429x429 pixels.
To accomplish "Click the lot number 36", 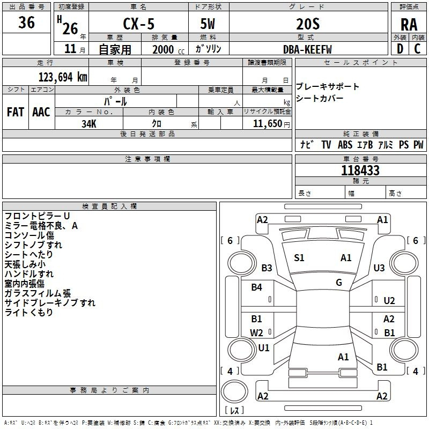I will [26, 23].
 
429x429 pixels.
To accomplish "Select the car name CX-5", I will [138, 24].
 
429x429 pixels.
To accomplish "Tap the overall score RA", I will [409, 24].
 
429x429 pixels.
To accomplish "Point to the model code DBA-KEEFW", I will [307, 49].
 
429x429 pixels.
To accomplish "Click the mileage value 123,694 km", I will [63, 77].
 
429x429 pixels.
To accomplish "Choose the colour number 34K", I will [89, 123].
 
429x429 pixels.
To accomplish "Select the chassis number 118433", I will [360, 171].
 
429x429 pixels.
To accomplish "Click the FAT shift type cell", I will [15, 112].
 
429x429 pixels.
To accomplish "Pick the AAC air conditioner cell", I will [41, 112].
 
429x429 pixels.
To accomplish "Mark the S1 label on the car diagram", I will [299, 258].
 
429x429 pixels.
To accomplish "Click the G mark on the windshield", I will [339, 283].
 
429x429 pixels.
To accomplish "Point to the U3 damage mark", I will [379, 268].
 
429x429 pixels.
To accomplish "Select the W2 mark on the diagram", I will [257, 332].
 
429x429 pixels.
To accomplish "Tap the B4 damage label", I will [257, 287].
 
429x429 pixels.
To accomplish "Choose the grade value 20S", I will [307, 24].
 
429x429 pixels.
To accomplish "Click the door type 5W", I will [209, 24].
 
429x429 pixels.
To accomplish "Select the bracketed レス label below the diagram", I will [234, 411].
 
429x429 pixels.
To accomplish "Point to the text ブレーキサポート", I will [328, 87].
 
